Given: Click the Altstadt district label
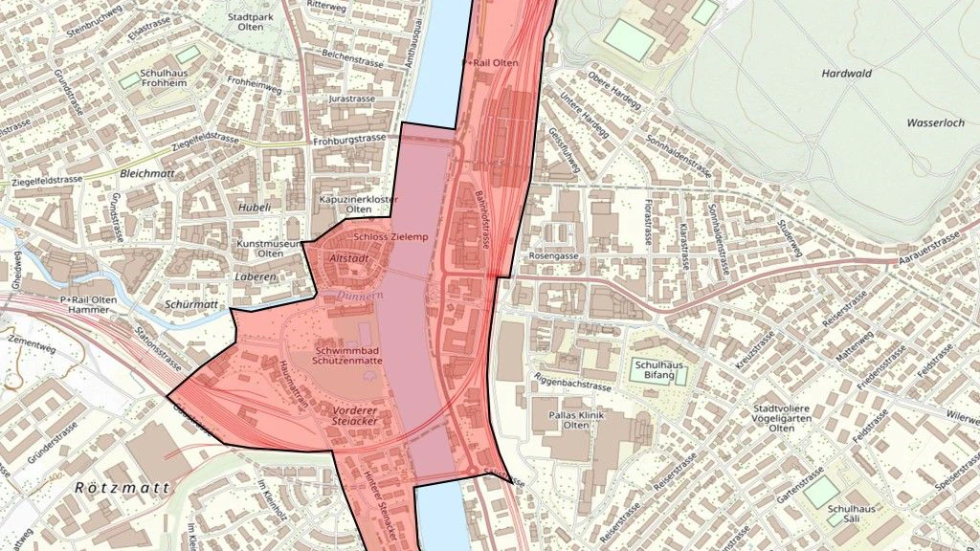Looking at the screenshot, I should click(x=349, y=258).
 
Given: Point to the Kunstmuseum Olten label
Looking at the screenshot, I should click(x=271, y=249).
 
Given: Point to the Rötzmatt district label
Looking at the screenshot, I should click(x=122, y=488).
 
